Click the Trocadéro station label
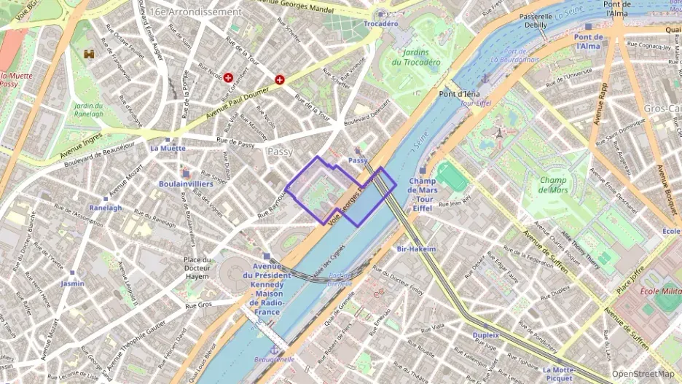[380, 23]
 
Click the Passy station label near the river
[358, 160]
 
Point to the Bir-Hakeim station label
[416, 248]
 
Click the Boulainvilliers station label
[186, 184]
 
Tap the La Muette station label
[168, 147]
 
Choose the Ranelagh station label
[106, 207]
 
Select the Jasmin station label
[72, 283]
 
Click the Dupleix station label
[485, 335]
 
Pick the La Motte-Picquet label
[560, 374]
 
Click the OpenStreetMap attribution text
[643, 374]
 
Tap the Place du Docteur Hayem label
[197, 267]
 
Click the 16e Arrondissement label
[197, 12]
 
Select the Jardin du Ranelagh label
[88, 109]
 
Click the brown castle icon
[90, 54]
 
